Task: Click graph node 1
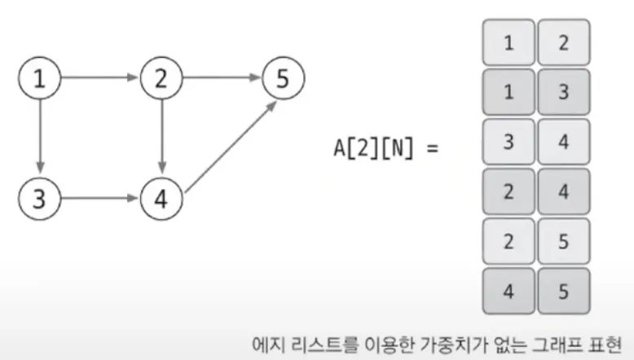click(x=40, y=79)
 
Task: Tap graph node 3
click(x=40, y=196)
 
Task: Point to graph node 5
click(x=283, y=79)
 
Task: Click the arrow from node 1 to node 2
click(x=101, y=79)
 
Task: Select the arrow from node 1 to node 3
click(x=40, y=138)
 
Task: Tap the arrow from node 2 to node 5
click(x=222, y=79)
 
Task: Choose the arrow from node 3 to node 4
click(x=101, y=196)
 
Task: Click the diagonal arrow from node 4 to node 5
click(x=227, y=142)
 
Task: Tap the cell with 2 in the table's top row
click(x=564, y=42)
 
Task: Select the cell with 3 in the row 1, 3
click(x=564, y=91)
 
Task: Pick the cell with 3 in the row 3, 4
click(x=509, y=143)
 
